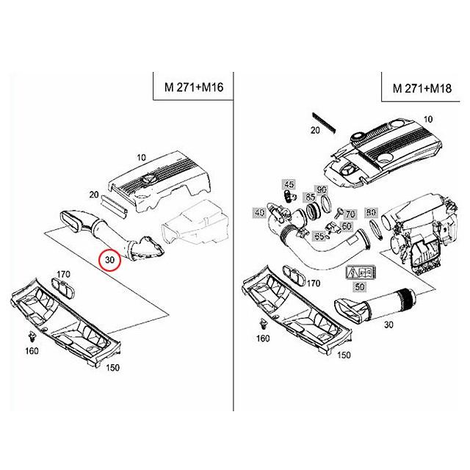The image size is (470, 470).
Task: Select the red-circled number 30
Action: [x=110, y=260]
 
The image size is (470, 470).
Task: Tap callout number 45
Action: [x=289, y=184]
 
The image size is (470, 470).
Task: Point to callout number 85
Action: [x=310, y=197]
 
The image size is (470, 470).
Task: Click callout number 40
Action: [x=258, y=213]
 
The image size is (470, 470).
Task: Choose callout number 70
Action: [x=350, y=214]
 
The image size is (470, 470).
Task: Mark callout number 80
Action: [x=371, y=212]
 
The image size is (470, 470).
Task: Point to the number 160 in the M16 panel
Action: [x=32, y=351]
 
